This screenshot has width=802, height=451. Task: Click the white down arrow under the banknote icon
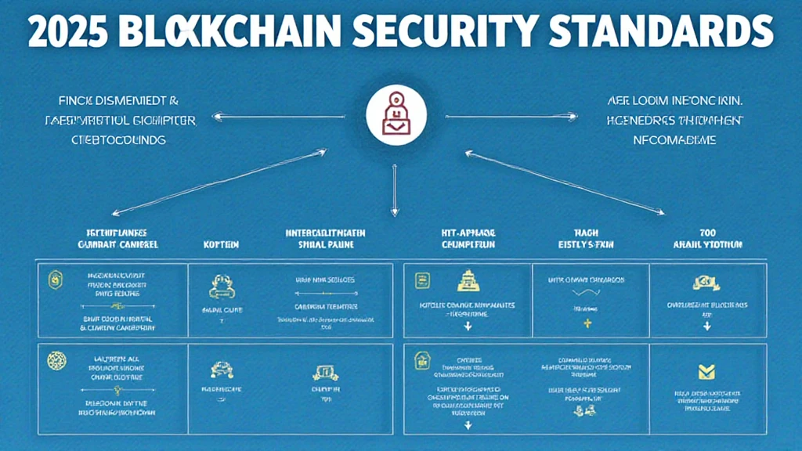(710, 325)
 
